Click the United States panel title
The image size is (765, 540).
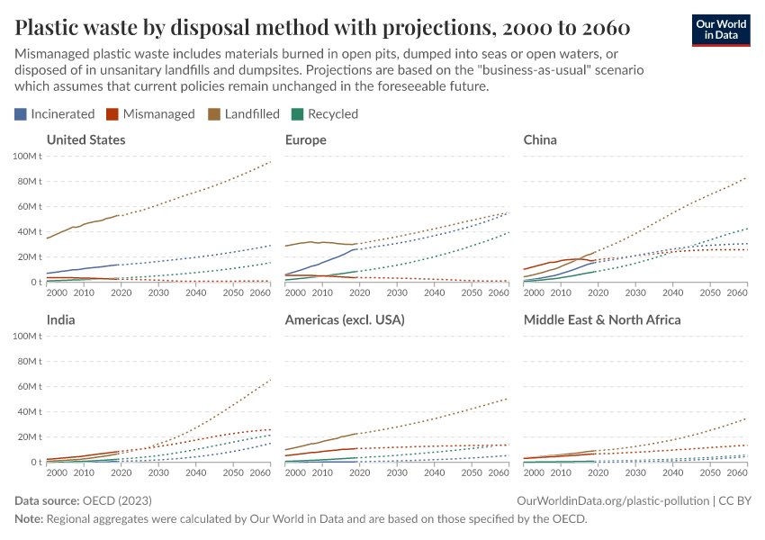(x=85, y=139)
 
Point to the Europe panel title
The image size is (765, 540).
(x=305, y=139)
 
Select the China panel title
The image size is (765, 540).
(x=540, y=139)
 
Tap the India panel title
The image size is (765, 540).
(x=60, y=319)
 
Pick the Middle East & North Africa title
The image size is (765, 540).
(x=602, y=319)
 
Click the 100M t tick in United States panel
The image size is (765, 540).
(x=27, y=157)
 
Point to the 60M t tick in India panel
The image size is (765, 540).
(x=29, y=387)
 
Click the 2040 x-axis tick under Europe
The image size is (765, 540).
(x=434, y=293)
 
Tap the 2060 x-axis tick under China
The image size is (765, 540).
(x=735, y=293)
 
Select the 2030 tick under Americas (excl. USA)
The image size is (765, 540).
(x=397, y=473)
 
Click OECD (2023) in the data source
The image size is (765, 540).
(x=117, y=499)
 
